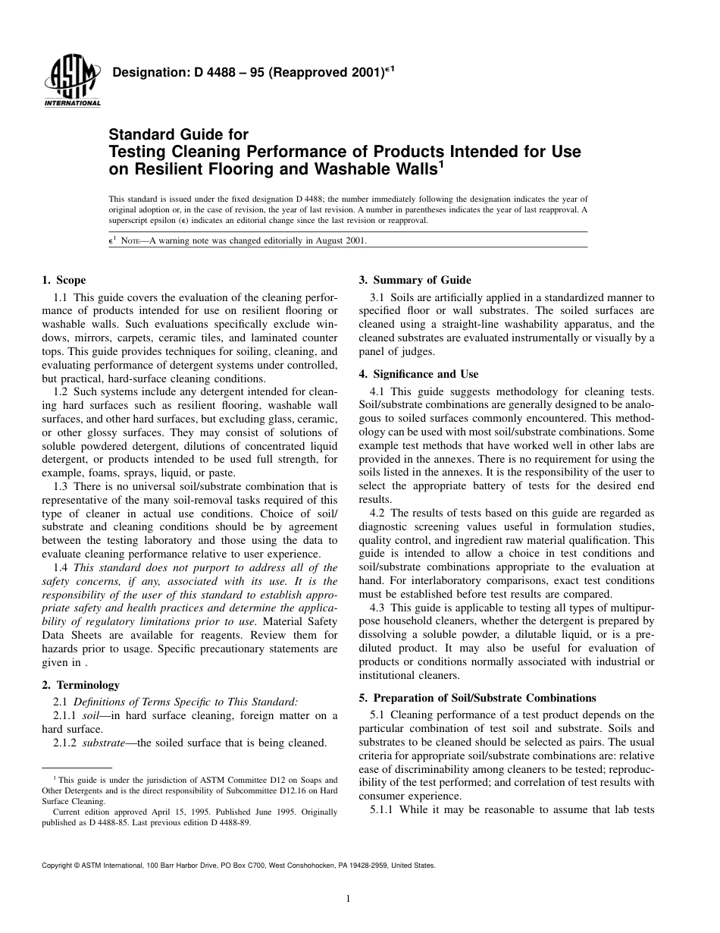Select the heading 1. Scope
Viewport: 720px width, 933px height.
pyautogui.click(x=64, y=280)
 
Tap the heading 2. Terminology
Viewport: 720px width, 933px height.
pyautogui.click(x=80, y=685)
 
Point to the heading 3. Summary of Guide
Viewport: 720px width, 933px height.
pyautogui.click(x=415, y=280)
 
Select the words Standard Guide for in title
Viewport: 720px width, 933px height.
pyautogui.click(x=179, y=135)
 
